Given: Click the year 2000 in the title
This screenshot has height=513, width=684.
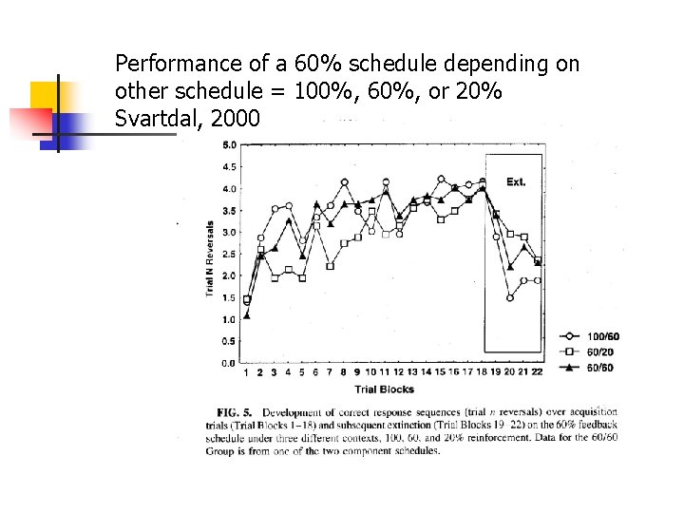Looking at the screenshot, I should (x=231, y=120).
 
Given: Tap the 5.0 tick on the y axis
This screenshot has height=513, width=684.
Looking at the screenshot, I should (x=230, y=145).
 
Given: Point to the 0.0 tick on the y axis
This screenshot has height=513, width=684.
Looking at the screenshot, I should (x=230, y=363).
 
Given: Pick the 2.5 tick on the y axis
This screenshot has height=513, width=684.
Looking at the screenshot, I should (x=230, y=254).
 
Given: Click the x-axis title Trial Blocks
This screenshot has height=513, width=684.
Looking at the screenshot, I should (x=384, y=389).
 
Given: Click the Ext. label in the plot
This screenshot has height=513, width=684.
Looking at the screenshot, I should (x=516, y=181).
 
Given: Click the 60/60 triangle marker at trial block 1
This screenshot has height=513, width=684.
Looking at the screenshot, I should (x=247, y=315).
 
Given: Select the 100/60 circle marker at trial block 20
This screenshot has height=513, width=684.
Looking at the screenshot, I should (x=510, y=297).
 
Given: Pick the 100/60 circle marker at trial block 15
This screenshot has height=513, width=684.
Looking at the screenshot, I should (x=441, y=179).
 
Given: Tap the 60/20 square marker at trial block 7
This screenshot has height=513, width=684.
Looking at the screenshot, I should (x=330, y=266).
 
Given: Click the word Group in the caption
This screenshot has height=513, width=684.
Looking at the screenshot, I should (x=220, y=451).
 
